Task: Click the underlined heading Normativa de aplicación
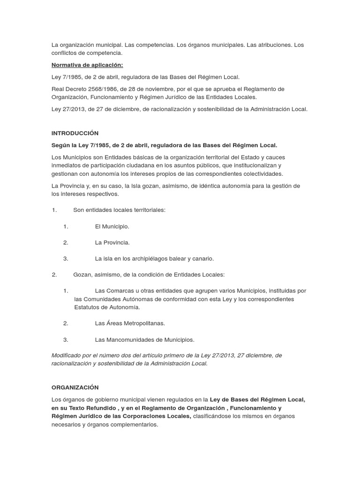click(x=87, y=65)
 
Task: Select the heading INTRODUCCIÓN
click(x=75, y=133)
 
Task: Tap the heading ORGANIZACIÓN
click(x=75, y=387)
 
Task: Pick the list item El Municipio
click(x=112, y=226)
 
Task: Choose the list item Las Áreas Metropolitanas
click(x=130, y=323)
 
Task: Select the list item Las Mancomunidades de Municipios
click(x=144, y=340)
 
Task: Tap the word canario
click(x=203, y=258)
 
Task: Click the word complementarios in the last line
click(x=135, y=425)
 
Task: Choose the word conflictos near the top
click(x=66, y=53)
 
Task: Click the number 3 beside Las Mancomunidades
click(x=66, y=340)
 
